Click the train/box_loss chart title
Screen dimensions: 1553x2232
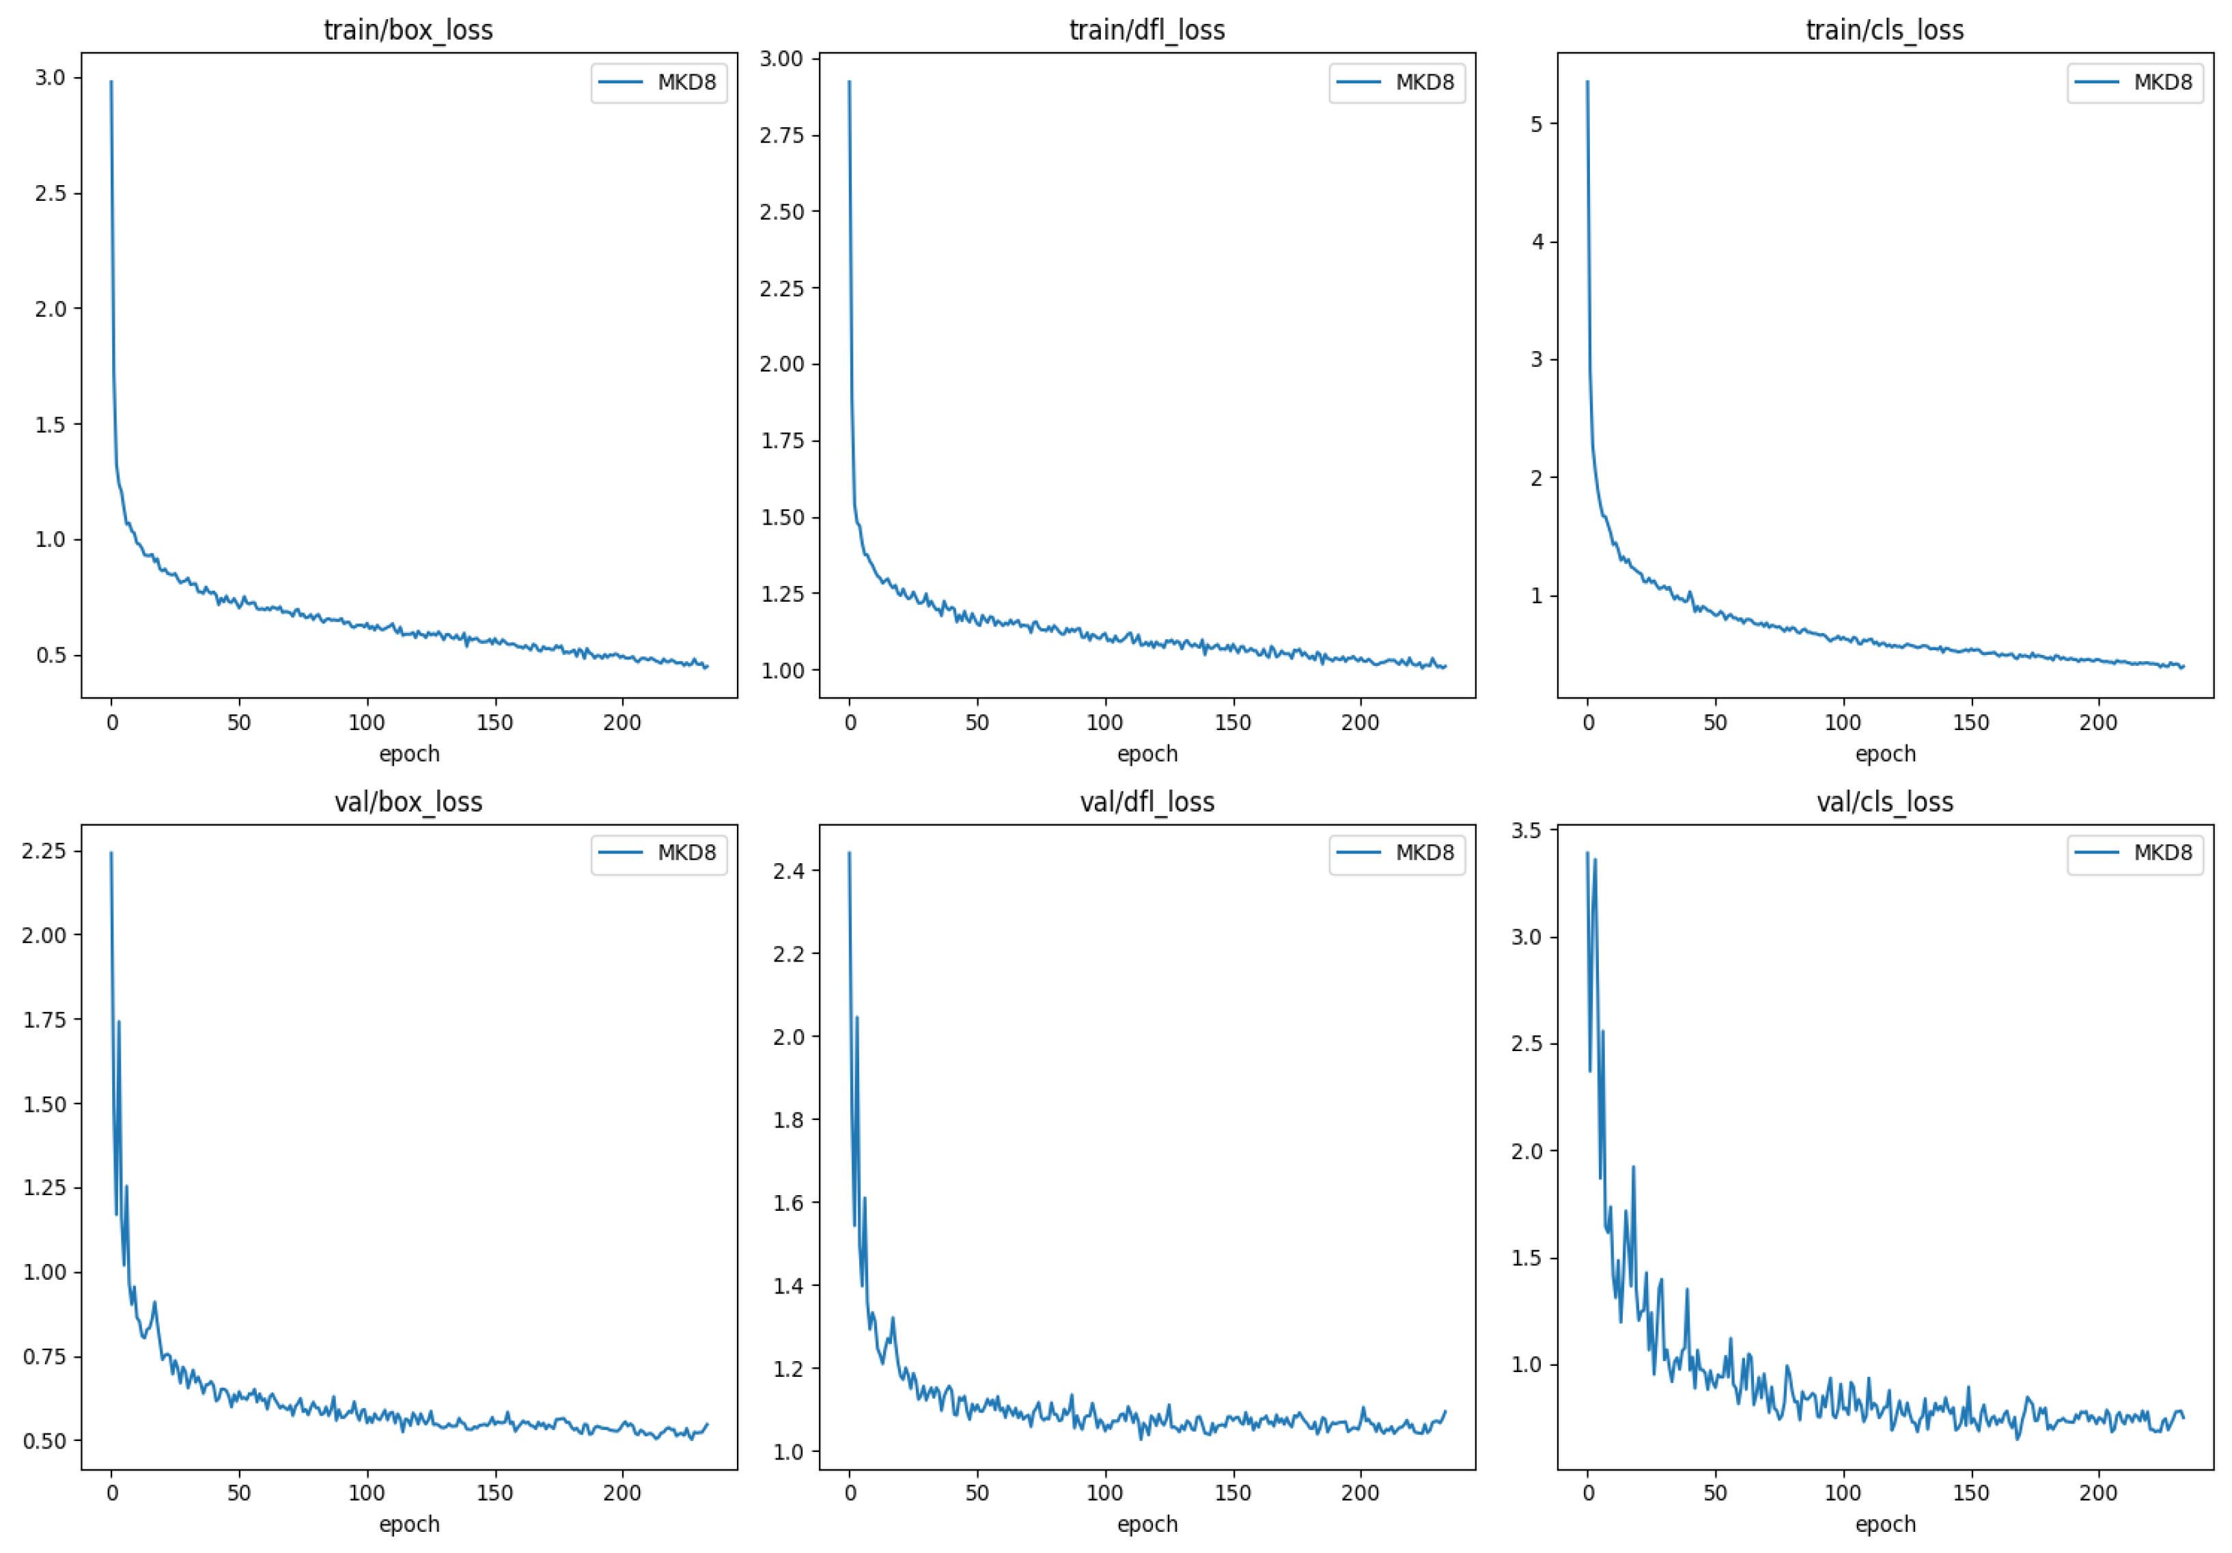point(408,30)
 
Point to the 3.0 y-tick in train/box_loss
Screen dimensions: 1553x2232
point(51,78)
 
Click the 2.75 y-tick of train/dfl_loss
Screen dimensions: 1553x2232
point(781,135)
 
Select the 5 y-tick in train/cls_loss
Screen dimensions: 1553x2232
point(1537,124)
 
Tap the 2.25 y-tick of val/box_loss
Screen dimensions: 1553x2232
point(44,850)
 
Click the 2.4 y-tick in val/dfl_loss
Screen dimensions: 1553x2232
point(788,871)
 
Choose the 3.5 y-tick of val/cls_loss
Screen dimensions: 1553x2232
point(1526,830)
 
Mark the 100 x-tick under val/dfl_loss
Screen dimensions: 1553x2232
point(1104,1493)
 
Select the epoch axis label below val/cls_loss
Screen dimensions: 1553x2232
point(1885,1524)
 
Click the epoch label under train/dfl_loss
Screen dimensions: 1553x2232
point(1147,753)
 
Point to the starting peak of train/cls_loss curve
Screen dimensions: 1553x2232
point(1587,83)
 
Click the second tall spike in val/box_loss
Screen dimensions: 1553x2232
point(119,1022)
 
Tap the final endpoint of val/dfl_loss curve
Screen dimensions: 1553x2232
point(1446,1411)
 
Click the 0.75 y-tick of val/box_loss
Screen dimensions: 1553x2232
point(44,1356)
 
